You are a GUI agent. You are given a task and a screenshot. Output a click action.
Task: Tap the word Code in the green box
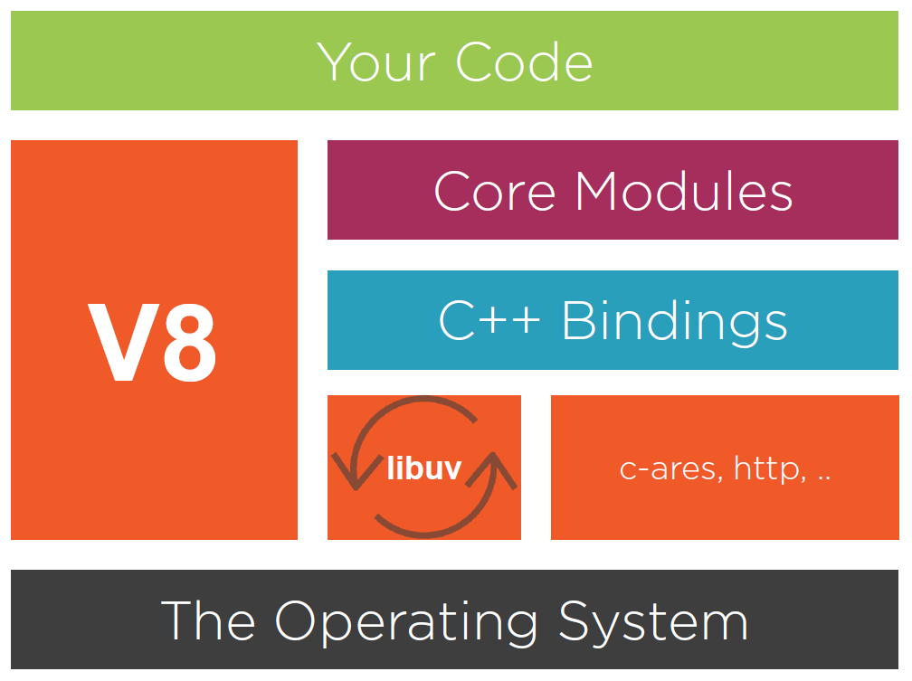point(525,62)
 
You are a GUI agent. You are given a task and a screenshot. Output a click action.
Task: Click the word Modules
point(684,191)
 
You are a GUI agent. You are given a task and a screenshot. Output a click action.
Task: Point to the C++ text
point(489,321)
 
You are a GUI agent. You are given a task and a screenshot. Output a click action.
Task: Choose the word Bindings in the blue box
point(675,321)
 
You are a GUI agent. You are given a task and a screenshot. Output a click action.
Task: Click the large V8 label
point(153,343)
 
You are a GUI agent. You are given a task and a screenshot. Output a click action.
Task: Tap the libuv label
point(423,468)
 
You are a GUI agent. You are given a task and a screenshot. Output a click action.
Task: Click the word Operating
point(406,623)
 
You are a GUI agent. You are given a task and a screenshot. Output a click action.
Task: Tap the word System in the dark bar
point(652,622)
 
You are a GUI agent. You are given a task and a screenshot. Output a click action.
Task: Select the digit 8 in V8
point(185,343)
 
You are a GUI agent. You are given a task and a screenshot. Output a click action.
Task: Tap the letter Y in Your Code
point(335,62)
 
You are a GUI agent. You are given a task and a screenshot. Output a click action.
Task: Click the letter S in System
point(576,621)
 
